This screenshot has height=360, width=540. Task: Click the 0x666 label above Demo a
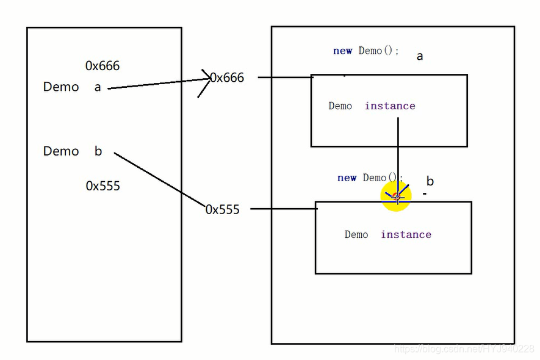tap(103, 66)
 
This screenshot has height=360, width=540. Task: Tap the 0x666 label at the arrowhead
tap(227, 77)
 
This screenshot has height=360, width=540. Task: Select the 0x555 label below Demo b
tap(103, 186)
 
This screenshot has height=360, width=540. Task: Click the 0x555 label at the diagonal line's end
tap(223, 209)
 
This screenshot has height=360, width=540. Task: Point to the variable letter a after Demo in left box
tap(98, 87)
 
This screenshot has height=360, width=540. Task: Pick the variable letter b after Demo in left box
tap(98, 151)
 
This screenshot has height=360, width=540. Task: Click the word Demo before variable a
tap(61, 87)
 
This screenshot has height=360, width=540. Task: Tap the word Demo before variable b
tap(61, 151)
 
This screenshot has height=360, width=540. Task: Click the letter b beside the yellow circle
tap(430, 181)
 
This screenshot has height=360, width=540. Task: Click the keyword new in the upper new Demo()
tap(342, 51)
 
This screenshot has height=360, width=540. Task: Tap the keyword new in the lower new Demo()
tap(347, 178)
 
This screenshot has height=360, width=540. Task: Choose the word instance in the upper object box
tap(390, 106)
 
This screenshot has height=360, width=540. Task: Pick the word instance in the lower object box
tap(406, 235)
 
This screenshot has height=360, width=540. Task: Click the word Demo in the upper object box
tap(340, 106)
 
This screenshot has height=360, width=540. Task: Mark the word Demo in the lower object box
tap(356, 235)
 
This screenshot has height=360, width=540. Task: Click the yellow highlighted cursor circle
tap(396, 196)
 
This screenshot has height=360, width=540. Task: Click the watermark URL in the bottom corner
tap(464, 349)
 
